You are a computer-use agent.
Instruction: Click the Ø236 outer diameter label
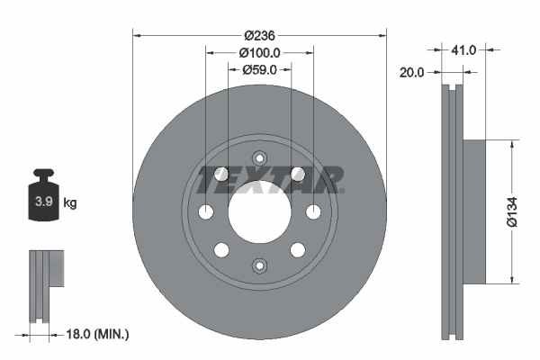click(x=260, y=35)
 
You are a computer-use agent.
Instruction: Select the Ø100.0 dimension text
click(x=260, y=53)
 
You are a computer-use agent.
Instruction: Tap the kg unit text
click(x=70, y=203)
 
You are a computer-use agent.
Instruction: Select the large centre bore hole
click(x=259, y=211)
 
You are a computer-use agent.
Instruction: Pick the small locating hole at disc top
click(x=259, y=157)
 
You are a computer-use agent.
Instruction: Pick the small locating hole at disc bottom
click(x=259, y=265)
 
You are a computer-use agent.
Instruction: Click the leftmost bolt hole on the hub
click(x=206, y=211)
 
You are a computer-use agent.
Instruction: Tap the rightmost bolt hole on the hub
click(x=313, y=211)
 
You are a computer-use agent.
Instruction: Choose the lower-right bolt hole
click(x=298, y=249)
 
